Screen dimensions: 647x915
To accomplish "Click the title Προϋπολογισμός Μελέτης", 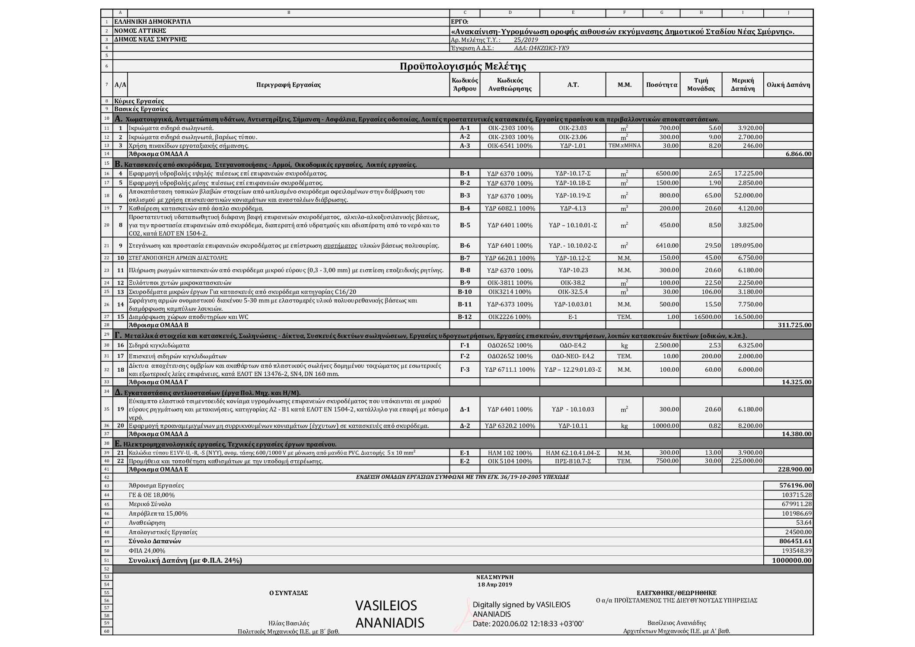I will tap(462, 67).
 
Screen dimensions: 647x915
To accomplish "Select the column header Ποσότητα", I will tap(661, 85).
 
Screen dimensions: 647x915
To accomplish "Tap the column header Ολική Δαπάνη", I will tap(788, 85).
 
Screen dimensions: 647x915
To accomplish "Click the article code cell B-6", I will tap(465, 245).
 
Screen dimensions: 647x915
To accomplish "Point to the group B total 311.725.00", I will tap(794, 325).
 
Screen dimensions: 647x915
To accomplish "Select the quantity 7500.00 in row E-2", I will tap(667, 461).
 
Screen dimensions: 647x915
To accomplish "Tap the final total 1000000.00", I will tap(791, 561).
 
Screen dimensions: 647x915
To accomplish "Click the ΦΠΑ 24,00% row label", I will tap(147, 551).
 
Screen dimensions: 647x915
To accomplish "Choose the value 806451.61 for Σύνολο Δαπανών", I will tap(792, 542).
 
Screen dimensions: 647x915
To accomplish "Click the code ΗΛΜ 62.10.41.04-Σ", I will tap(573, 453).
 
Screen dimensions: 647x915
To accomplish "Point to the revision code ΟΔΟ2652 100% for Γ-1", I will tap(510, 346).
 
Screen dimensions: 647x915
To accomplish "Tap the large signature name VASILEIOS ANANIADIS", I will tap(389, 614).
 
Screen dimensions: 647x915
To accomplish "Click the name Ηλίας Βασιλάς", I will tap(289, 623).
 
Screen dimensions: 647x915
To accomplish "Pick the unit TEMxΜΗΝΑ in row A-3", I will tap(624, 146).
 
